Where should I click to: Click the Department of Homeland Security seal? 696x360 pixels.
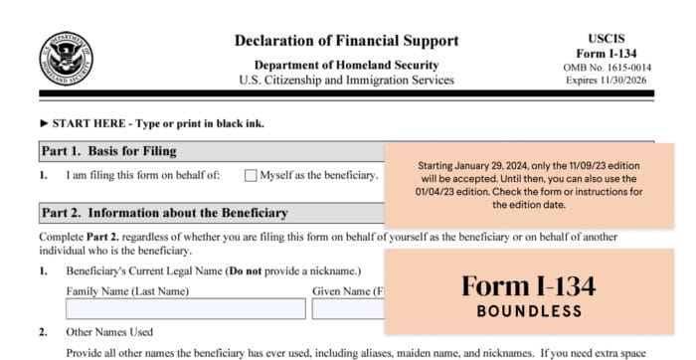[67, 58]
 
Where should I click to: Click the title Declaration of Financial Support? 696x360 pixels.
[346, 41]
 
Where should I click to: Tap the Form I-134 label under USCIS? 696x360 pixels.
[607, 52]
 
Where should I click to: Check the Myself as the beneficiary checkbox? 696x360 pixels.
[251, 176]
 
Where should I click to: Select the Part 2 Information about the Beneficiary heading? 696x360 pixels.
[164, 213]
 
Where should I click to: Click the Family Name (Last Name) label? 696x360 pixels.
[125, 291]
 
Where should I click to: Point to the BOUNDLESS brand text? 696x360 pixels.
[528, 311]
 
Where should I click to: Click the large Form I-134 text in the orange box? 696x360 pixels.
[528, 285]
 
